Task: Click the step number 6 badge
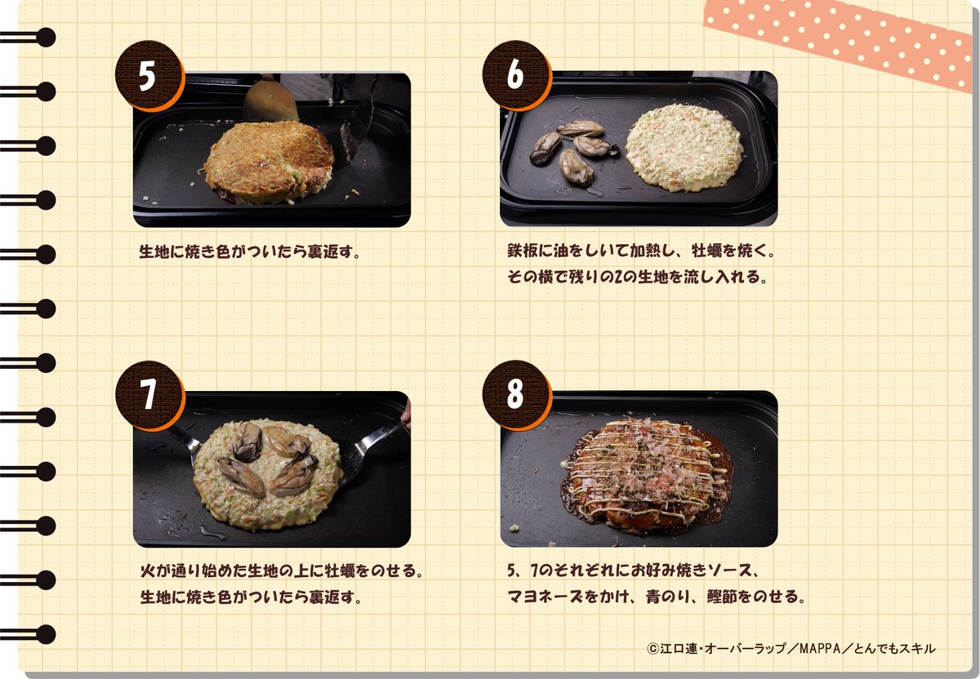516,74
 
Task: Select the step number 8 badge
516,394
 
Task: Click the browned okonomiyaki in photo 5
269,162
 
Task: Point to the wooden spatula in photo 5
270,99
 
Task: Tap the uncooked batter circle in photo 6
684,148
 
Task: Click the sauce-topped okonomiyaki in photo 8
647,477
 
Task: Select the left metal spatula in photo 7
184,442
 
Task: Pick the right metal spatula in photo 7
376,446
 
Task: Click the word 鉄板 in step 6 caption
523,251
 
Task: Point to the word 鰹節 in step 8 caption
722,597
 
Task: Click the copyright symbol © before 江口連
653,648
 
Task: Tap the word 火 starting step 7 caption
148,570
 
